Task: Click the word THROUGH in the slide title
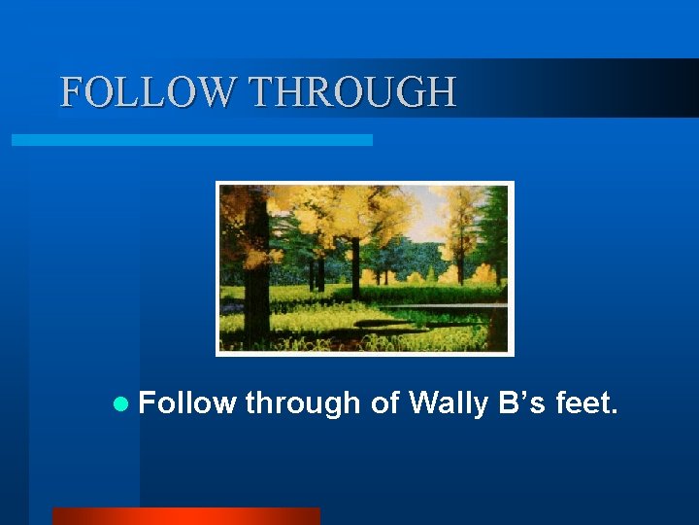352,92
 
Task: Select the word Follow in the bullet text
187,402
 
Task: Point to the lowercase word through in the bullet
303,402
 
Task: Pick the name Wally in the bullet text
449,402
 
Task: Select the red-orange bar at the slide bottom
185,515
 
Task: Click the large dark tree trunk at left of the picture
255,282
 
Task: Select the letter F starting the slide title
71,92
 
